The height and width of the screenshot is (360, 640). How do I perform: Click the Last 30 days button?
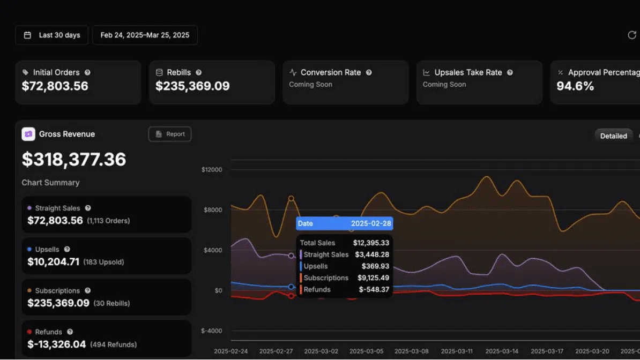52,35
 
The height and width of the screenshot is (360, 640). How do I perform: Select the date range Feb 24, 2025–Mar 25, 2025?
145,35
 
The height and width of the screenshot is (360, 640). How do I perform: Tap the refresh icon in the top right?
632,35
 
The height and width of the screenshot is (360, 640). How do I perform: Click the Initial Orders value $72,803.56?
55,86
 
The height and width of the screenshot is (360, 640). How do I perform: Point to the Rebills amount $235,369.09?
192,86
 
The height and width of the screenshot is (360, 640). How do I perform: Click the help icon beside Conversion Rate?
369,72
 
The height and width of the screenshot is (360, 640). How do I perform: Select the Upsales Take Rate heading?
468,72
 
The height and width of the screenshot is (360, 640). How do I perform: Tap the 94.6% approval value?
575,86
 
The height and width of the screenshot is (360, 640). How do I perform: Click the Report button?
170,134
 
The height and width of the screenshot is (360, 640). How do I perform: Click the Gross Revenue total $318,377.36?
74,160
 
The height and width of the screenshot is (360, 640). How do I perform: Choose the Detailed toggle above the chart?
613,136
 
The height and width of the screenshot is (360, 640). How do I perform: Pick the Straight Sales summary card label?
57,208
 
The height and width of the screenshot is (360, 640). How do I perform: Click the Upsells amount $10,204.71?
54,262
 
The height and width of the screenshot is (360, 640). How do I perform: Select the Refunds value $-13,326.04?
56,344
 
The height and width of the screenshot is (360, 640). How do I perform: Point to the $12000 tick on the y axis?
212,170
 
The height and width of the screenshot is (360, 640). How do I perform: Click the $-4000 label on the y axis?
212,331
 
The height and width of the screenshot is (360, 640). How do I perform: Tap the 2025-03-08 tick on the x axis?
411,351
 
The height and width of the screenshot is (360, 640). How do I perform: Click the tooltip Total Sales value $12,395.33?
371,243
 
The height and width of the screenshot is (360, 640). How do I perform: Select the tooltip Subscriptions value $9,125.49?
373,278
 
